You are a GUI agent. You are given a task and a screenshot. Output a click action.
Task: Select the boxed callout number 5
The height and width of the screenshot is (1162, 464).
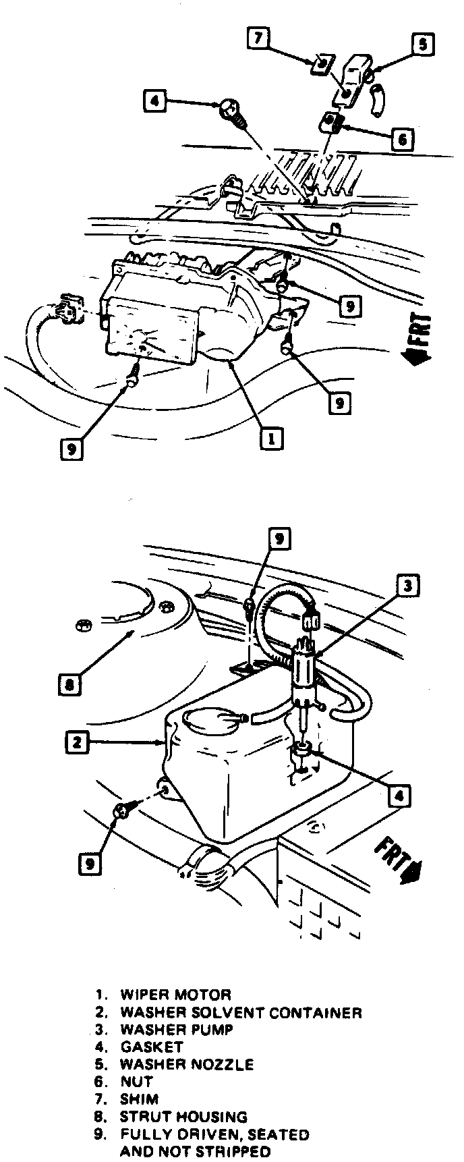(423, 46)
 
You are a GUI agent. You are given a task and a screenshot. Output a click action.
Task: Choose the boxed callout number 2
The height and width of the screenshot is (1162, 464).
(77, 743)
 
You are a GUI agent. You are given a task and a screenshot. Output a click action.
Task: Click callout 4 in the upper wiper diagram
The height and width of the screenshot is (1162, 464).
(154, 101)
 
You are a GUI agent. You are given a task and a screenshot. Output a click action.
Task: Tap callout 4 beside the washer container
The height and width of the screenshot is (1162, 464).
(399, 796)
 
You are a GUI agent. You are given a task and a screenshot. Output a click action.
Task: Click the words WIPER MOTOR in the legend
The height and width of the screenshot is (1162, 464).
(175, 995)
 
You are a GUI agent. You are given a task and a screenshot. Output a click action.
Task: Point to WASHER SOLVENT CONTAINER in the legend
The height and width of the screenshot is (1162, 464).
(241, 1012)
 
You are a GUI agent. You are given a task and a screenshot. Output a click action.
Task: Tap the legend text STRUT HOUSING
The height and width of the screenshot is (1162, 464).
(183, 1117)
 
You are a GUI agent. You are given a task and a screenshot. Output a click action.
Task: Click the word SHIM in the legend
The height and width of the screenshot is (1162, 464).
(139, 1099)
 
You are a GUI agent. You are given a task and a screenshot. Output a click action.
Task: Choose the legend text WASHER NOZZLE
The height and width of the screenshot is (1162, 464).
(187, 1065)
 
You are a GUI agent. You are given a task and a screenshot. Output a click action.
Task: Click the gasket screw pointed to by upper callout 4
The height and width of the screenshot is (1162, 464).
(233, 112)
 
